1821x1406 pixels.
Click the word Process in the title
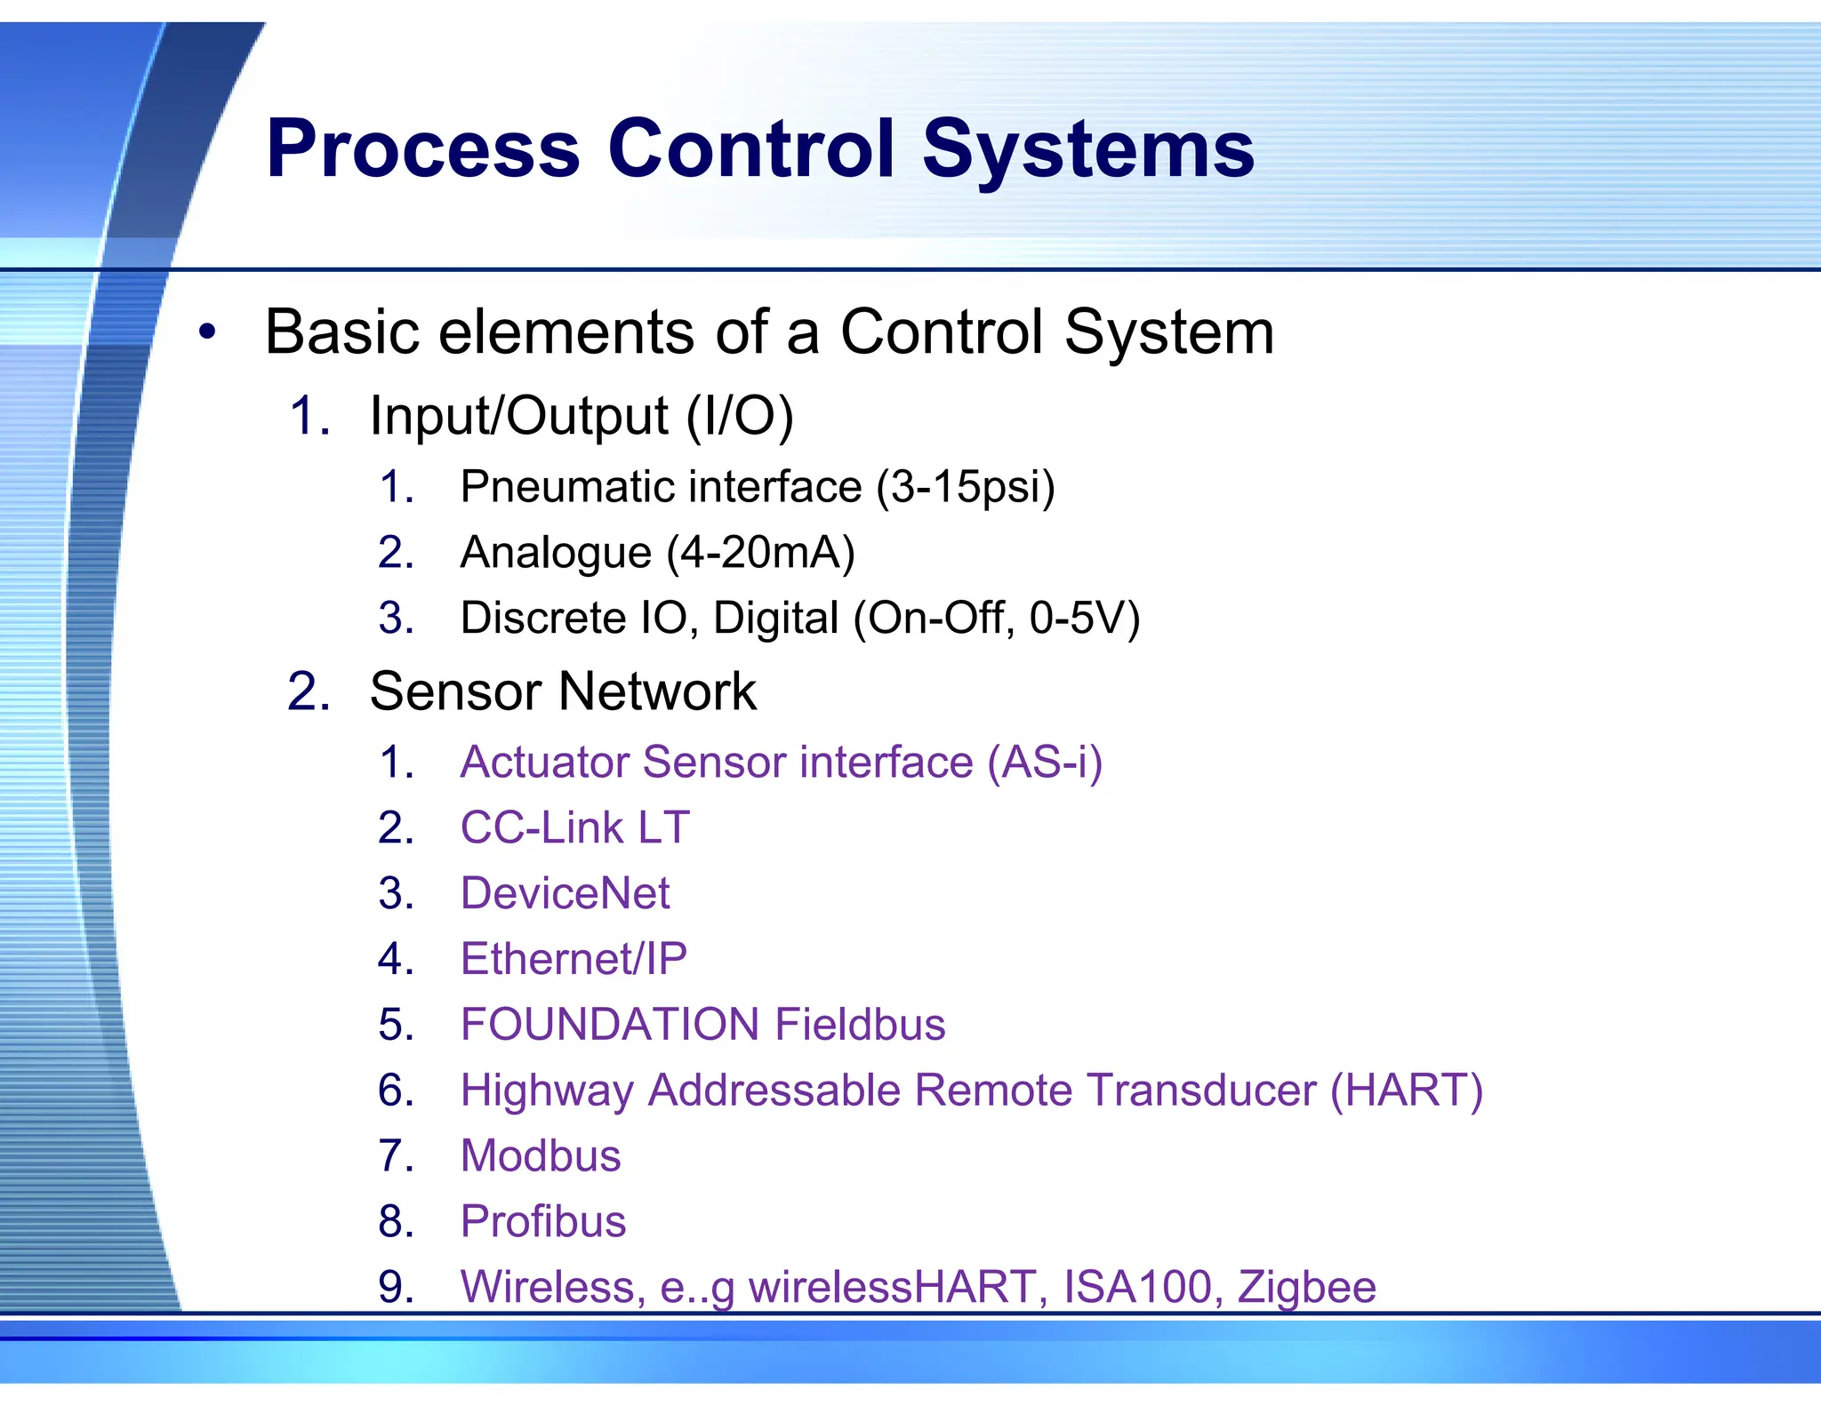click(x=423, y=149)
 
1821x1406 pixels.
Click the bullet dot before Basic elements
click(x=207, y=333)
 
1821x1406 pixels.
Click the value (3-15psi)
click(x=966, y=487)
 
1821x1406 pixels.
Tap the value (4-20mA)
click(x=760, y=552)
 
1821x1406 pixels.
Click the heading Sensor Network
click(x=563, y=691)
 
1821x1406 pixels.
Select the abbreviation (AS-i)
click(x=1045, y=763)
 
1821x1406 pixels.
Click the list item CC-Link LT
click(x=574, y=827)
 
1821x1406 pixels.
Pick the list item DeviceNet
click(x=565, y=893)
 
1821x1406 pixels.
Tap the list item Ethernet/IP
click(x=574, y=959)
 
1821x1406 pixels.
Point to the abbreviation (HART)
click(x=1407, y=1090)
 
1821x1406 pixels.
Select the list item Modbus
click(x=541, y=1156)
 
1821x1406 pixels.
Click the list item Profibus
click(x=542, y=1221)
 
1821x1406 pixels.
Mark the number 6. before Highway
click(x=396, y=1090)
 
